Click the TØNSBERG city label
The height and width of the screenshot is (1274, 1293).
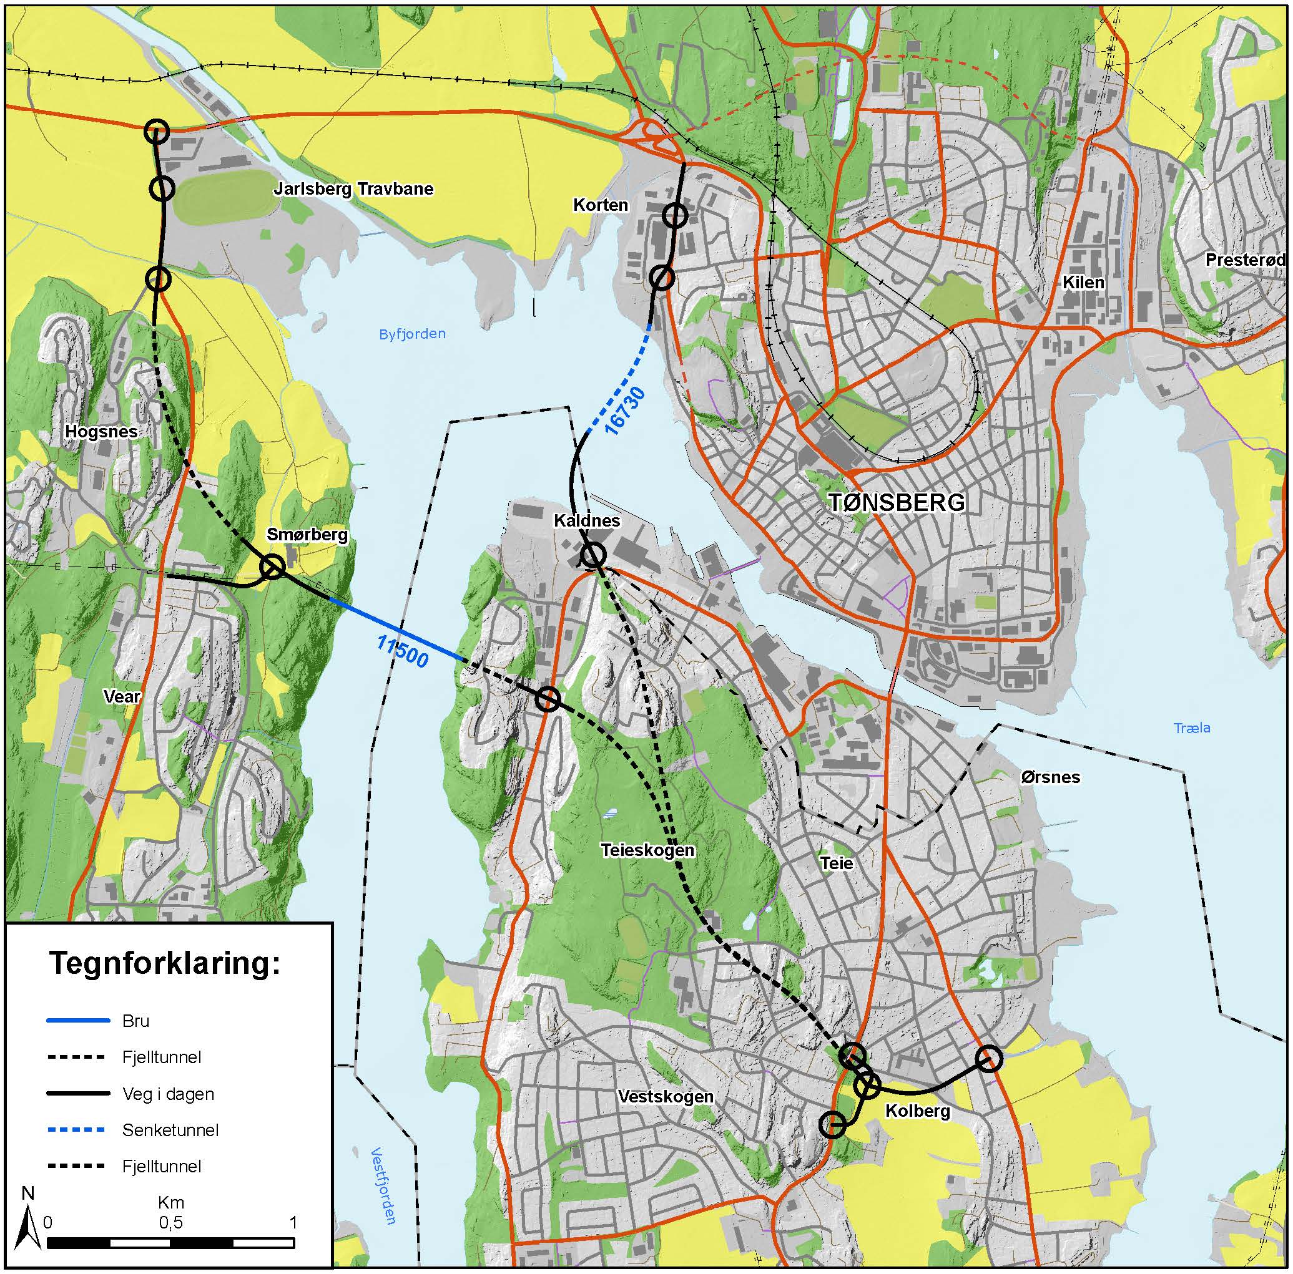(x=896, y=502)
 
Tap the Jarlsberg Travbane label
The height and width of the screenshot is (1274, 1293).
(x=353, y=189)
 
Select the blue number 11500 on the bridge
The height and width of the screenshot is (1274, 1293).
(x=402, y=651)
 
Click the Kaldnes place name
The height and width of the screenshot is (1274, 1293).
(x=587, y=521)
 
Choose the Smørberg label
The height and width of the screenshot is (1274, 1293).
(x=307, y=534)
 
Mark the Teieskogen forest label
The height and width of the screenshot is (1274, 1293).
(x=647, y=850)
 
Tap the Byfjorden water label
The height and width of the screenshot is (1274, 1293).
(x=412, y=334)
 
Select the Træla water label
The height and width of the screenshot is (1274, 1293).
(x=1192, y=727)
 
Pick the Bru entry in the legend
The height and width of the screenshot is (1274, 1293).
(x=136, y=1021)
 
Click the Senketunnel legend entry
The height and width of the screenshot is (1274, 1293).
(x=170, y=1131)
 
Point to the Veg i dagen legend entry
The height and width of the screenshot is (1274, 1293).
(x=168, y=1094)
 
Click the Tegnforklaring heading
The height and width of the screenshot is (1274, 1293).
(x=165, y=965)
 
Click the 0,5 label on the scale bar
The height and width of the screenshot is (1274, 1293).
(x=170, y=1222)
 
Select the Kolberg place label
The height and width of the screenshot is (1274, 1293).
(x=917, y=1112)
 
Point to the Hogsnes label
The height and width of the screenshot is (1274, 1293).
(x=101, y=432)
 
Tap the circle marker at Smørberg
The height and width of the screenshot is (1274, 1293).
(x=272, y=568)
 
